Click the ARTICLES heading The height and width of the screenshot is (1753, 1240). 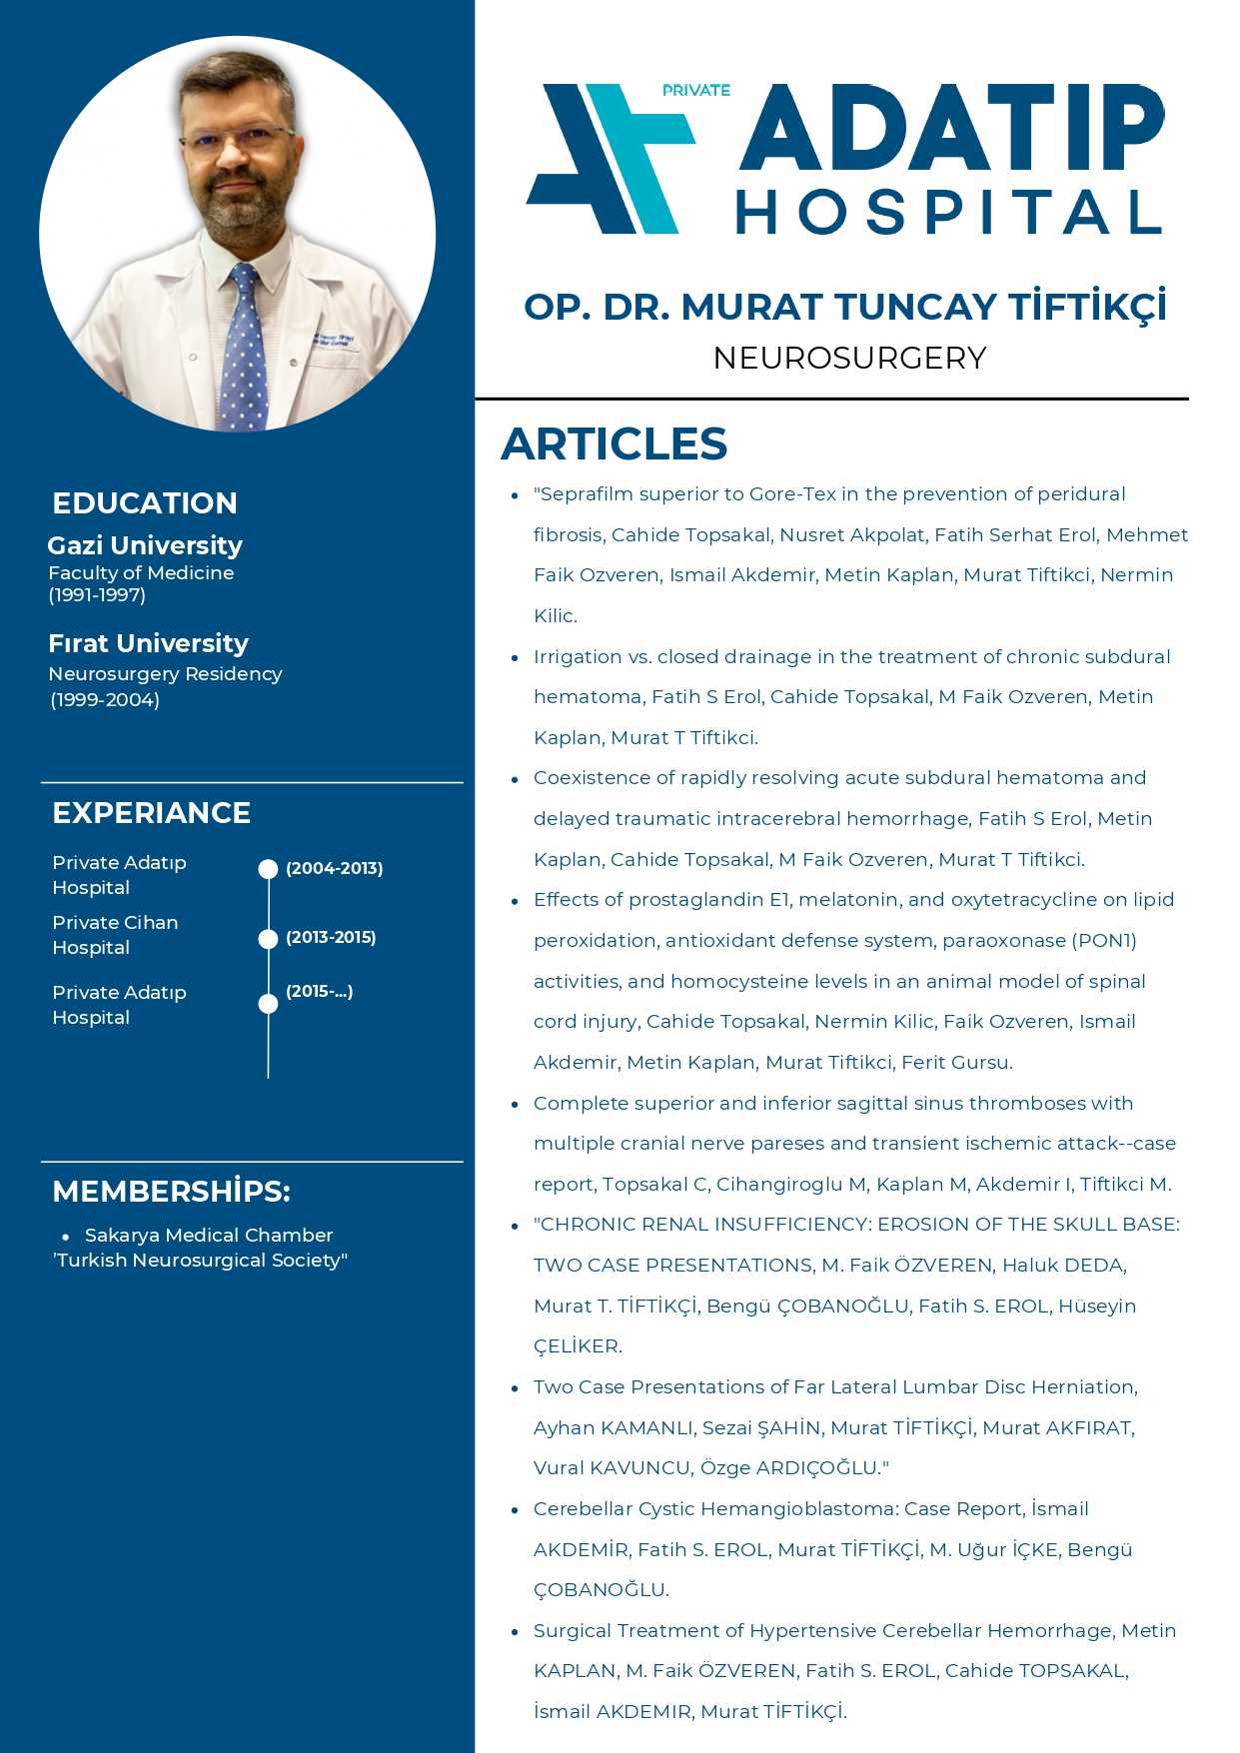tap(614, 444)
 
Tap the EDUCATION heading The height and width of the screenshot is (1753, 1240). tap(145, 503)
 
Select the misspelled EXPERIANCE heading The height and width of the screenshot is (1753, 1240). tap(151, 813)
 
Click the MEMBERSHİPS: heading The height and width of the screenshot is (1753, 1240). tap(171, 1192)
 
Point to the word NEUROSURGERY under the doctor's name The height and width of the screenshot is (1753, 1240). tap(849, 358)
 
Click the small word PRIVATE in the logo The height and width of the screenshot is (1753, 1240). tap(695, 91)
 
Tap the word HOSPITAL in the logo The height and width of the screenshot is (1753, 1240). tap(949, 212)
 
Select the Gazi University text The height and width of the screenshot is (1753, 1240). tap(145, 545)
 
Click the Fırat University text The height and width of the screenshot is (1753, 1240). tap(148, 643)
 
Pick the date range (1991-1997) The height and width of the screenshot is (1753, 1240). tap(97, 595)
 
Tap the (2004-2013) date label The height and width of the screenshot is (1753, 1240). tap(334, 868)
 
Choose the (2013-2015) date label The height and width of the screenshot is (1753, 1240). tap(331, 937)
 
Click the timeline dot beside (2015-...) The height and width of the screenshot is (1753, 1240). tap(268, 1003)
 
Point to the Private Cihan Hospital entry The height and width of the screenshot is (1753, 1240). tap(115, 935)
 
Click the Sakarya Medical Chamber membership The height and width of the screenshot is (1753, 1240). tap(208, 1236)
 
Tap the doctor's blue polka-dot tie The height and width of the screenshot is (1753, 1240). tap(243, 350)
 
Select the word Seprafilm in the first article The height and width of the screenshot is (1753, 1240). tap(586, 494)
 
